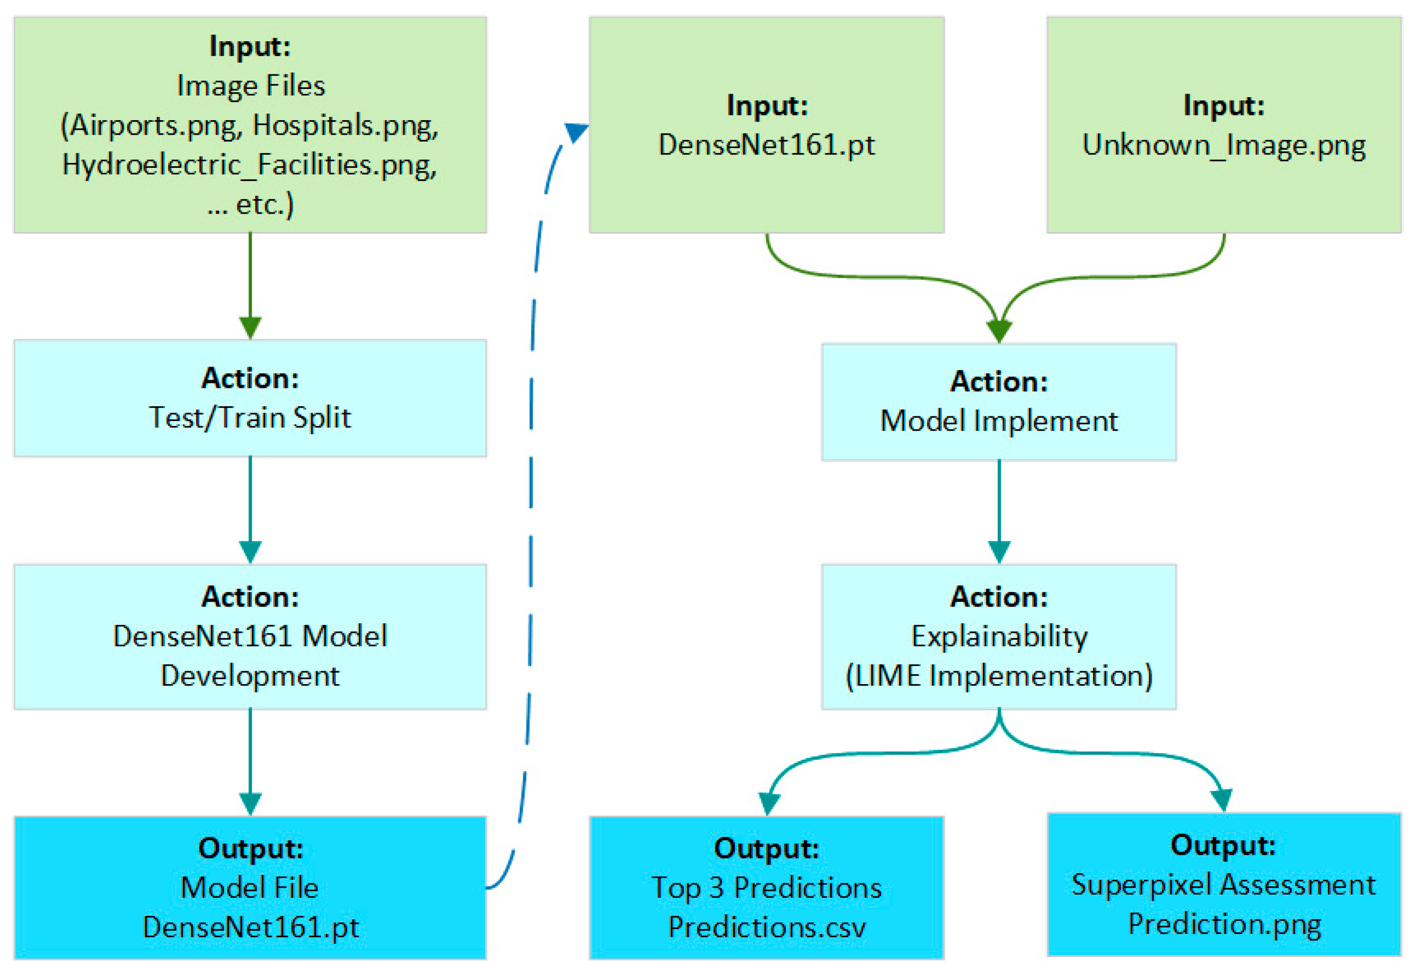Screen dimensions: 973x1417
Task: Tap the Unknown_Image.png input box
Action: pos(1223,125)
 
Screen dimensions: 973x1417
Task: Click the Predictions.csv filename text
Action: pos(766,927)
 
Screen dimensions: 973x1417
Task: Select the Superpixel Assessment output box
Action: pos(1223,885)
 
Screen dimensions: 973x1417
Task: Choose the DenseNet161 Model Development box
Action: pos(250,636)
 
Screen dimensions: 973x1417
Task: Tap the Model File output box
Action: pos(250,888)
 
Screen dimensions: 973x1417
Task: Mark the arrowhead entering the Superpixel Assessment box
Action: pos(1222,800)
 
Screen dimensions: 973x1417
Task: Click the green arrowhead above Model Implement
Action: pos(999,331)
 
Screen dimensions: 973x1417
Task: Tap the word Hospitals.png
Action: pos(345,126)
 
